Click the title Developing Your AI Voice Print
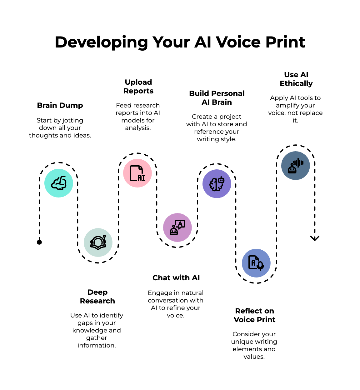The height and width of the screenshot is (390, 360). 180,42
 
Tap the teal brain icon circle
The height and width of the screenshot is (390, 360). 59,183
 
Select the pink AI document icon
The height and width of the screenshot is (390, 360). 137,173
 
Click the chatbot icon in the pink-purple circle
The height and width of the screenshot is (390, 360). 177,227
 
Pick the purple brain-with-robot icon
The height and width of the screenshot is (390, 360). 217,184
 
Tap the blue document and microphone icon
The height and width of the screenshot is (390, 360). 256,263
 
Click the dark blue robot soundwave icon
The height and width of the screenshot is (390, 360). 296,166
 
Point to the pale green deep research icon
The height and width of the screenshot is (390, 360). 98,242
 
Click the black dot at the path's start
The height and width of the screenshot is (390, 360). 39,242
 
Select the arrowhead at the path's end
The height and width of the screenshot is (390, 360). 315,238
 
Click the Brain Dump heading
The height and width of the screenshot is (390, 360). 60,105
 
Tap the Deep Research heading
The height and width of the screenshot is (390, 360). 97,297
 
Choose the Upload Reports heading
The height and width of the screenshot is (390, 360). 138,87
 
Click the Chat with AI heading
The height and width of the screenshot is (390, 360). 176,278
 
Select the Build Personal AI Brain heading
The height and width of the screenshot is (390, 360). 217,98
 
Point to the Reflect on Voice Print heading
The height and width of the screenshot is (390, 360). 254,315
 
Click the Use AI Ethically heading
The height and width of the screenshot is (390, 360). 296,79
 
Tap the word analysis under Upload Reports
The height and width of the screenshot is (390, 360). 137,128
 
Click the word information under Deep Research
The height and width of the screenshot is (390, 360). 96,345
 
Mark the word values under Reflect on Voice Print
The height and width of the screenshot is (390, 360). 254,357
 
